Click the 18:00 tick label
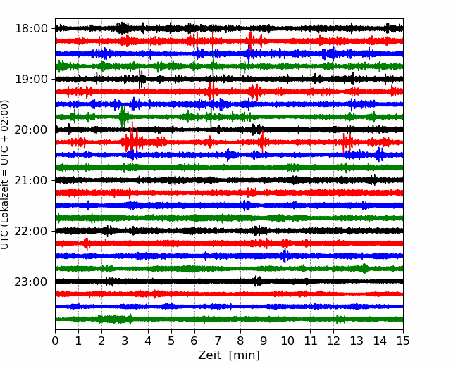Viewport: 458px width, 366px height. pos(31,29)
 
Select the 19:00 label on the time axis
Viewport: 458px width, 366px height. pos(31,79)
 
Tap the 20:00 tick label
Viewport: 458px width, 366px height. pos(31,130)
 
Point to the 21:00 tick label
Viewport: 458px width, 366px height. pos(31,180)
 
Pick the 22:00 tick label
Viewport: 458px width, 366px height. pos(31,231)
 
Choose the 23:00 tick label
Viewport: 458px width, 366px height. pos(31,282)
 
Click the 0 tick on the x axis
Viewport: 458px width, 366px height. pos(55,341)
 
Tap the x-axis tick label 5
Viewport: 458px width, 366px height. pos(171,341)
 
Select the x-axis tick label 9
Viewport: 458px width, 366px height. pos(264,341)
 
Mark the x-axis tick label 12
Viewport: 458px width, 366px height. pos(333,341)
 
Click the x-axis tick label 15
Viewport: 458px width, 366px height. pos(403,341)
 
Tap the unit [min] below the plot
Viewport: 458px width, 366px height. pos(245,355)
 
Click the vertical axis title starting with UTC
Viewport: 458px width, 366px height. pos(4,175)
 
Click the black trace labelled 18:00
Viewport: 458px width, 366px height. pos(229,29)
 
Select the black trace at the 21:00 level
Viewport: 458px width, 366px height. pos(229,180)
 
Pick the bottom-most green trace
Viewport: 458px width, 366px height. pos(229,320)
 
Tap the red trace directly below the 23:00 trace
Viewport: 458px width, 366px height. pos(229,294)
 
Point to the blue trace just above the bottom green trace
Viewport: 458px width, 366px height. pos(229,306)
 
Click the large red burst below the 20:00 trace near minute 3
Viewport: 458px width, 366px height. pos(132,141)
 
